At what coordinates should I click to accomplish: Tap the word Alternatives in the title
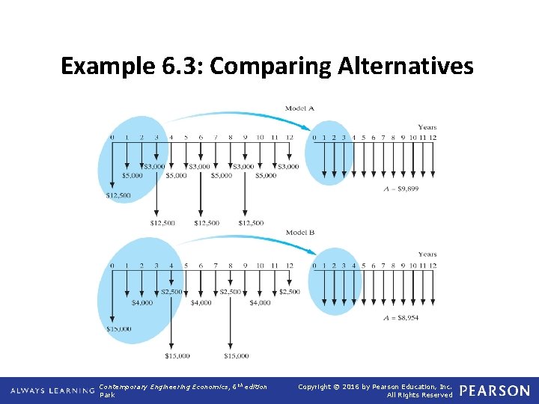tap(406, 67)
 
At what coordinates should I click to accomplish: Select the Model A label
tap(299, 108)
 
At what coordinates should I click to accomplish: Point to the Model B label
tap(299, 233)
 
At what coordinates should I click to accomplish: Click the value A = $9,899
tap(400, 189)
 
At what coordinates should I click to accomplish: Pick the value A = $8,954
tap(400, 318)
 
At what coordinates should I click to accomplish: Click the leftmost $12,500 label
tap(119, 195)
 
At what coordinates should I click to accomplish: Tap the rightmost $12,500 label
tap(251, 222)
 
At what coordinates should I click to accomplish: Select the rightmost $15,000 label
tap(236, 356)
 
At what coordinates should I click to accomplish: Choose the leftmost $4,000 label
tap(142, 303)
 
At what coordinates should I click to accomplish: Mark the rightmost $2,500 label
tap(289, 291)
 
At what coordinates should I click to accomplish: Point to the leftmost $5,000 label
tap(133, 176)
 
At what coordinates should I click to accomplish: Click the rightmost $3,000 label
tap(288, 166)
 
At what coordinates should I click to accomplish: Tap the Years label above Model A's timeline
tap(427, 126)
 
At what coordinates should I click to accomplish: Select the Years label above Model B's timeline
tap(427, 254)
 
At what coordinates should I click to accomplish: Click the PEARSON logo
tap(494, 391)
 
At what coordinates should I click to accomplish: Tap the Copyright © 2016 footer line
tap(374, 386)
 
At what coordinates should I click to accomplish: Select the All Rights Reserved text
tap(420, 395)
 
